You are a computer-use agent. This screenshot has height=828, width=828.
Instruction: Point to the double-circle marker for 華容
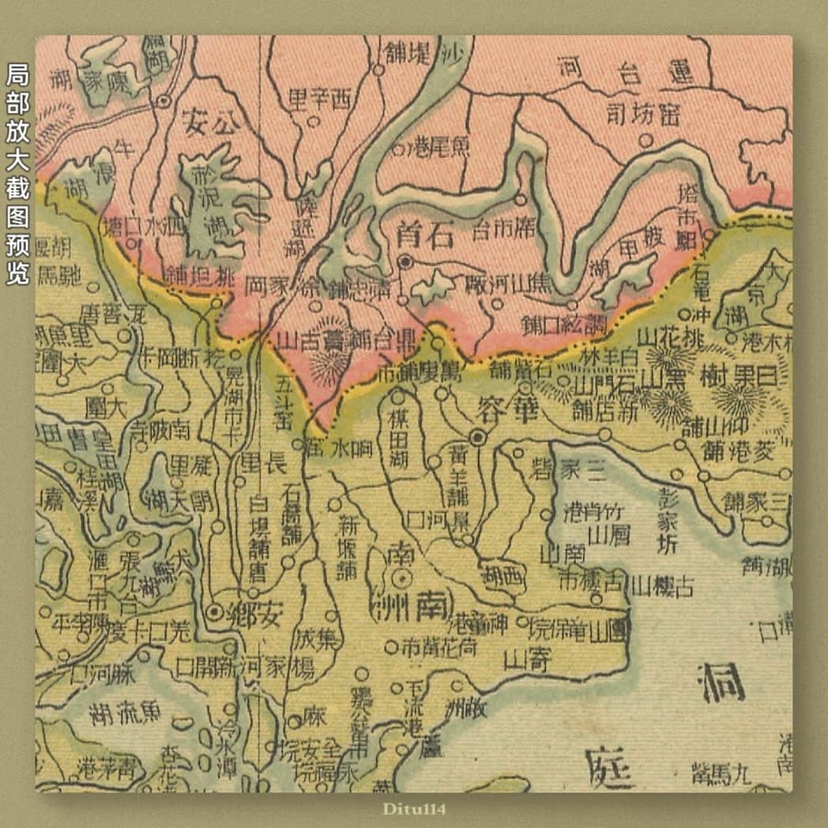click(477, 436)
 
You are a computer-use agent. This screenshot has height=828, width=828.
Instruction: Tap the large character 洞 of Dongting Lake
click(722, 681)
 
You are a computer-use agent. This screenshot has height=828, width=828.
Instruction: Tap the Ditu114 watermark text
click(413, 808)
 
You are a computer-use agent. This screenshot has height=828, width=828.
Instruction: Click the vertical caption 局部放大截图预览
click(17, 175)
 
